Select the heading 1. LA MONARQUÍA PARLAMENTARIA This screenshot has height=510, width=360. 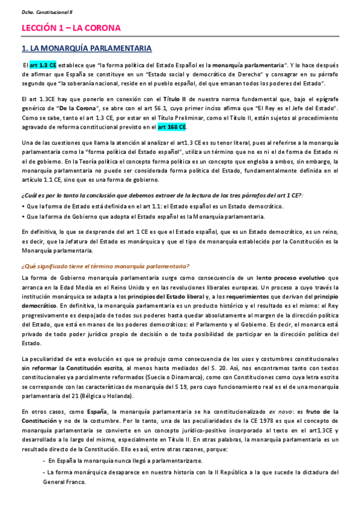(x=86, y=48)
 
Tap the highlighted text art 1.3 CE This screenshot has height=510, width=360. (x=43, y=64)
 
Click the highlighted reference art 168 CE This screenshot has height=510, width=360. (x=172, y=127)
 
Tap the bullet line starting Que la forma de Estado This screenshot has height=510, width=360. (x=142, y=206)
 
